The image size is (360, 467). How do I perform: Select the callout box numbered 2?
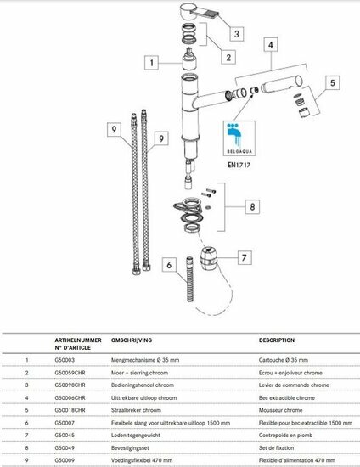(228, 57)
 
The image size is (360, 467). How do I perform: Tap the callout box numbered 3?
(238, 33)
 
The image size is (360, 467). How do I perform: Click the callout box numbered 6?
(168, 265)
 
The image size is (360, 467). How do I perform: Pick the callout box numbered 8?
(251, 206)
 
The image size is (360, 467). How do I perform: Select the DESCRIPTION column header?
(278, 339)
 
